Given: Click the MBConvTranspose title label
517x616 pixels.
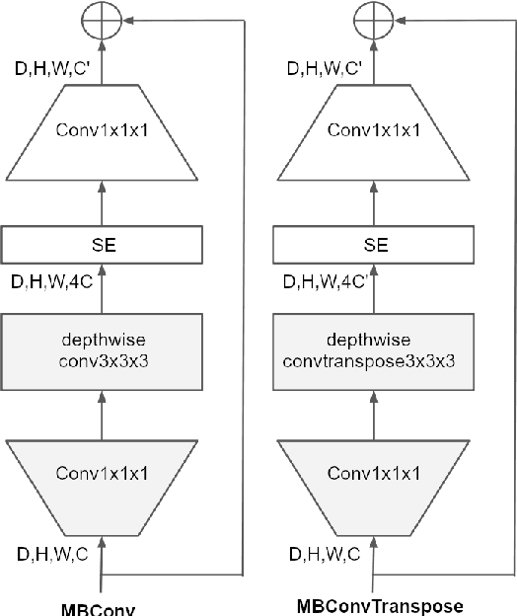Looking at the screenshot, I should (380, 605).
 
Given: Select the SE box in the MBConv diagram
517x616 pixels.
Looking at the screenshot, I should (103, 244).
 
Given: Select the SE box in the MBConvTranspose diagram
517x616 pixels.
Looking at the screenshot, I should (376, 244).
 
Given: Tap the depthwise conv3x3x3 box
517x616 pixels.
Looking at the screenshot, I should (103, 349).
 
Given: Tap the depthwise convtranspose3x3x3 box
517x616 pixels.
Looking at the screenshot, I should (376, 349).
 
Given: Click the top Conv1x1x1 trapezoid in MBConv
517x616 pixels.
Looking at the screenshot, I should (103, 130).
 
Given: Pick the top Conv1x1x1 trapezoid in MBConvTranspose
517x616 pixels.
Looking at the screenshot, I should (376, 130).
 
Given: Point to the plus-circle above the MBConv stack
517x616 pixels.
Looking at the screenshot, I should (103, 19).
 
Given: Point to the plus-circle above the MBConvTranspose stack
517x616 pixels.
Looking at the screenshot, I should (376, 19).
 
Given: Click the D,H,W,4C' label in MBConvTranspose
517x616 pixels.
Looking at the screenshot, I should (326, 283).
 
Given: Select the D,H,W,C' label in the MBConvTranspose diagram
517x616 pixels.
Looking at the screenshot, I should (324, 68).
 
